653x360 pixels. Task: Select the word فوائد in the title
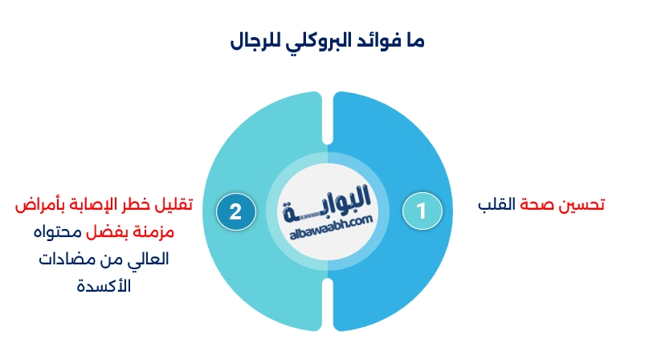[401, 41]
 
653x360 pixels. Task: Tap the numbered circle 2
[235, 211]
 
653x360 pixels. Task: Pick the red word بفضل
[106, 233]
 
